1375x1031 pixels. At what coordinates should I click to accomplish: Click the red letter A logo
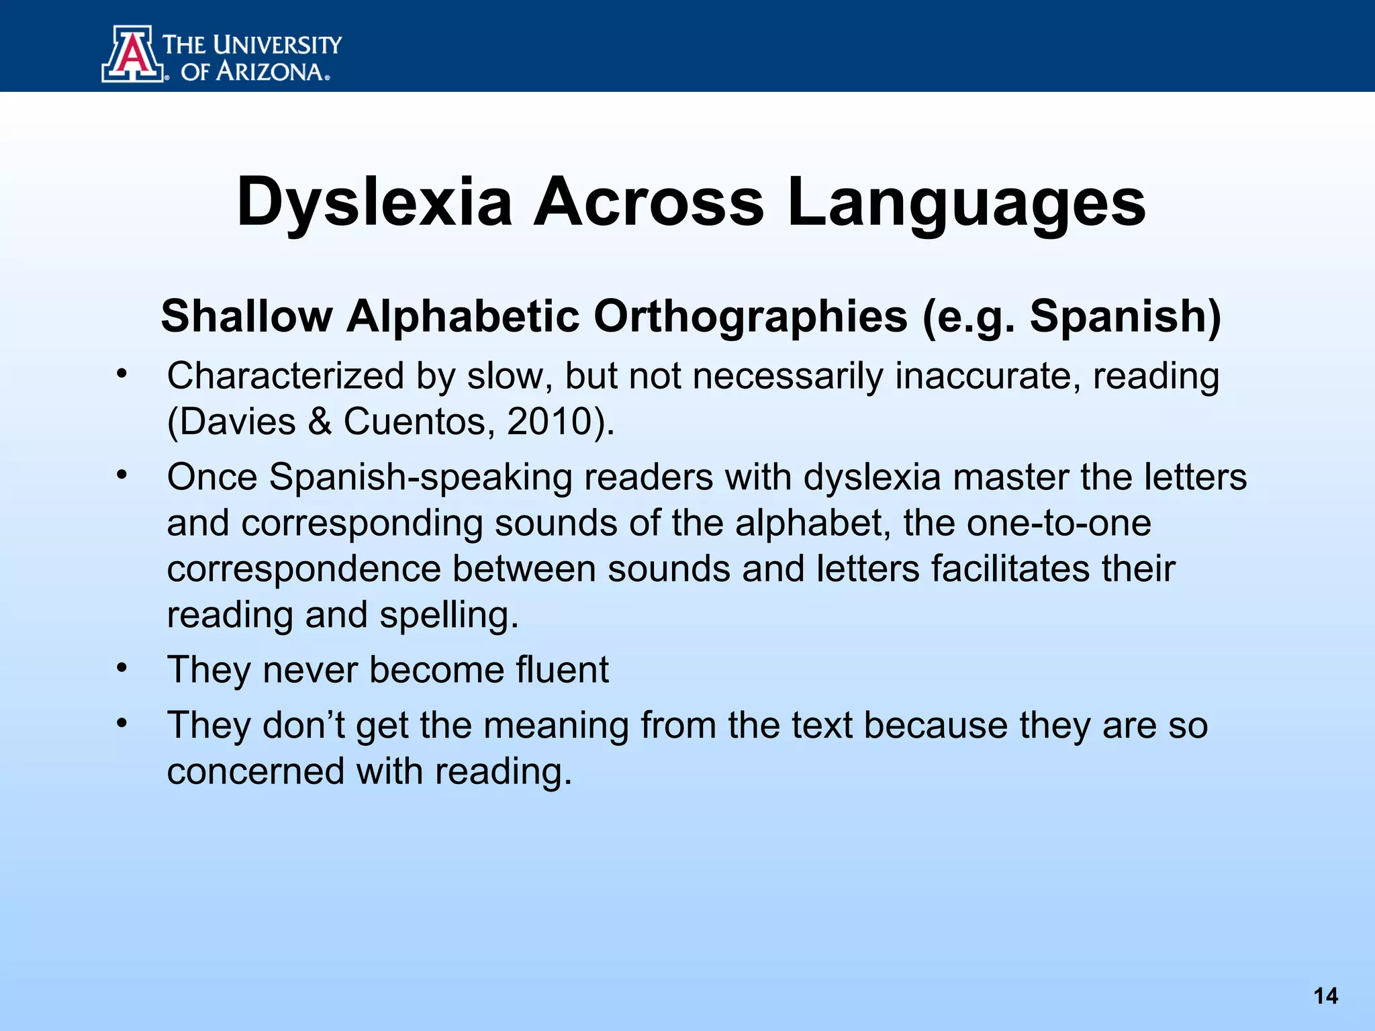point(133,54)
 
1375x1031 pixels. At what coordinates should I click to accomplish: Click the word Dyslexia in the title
point(375,202)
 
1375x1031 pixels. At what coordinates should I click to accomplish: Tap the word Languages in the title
point(966,202)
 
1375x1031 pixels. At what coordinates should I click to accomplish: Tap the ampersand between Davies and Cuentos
point(320,422)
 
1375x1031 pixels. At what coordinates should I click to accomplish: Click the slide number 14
point(1325,995)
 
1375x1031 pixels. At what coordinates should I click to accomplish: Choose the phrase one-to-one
point(1059,523)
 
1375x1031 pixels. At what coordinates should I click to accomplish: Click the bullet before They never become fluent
point(121,669)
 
